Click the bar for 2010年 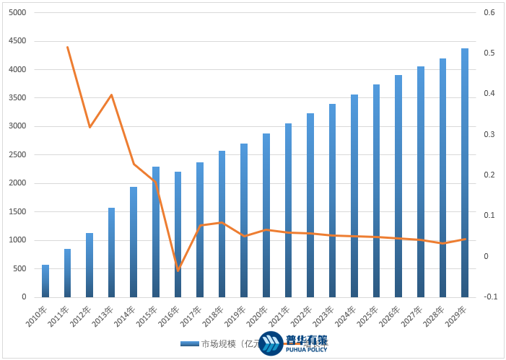pos(45,281)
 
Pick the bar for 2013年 pos(112,253)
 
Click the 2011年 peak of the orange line pos(67,47)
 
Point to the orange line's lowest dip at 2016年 pos(178,271)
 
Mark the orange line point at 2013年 pos(112,95)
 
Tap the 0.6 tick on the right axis pos(489,13)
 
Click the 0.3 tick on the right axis pos(489,135)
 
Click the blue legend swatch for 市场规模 pos(190,343)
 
